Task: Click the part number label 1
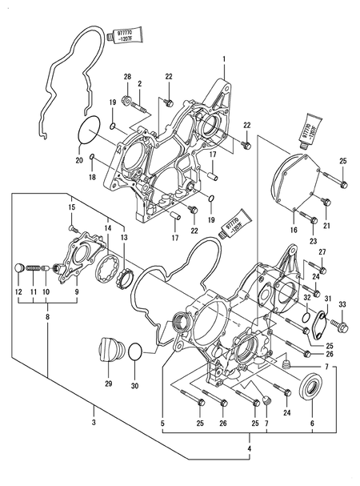[x=225, y=58]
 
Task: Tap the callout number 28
[x=127, y=76]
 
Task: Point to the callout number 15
[x=71, y=208]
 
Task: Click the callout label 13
[x=123, y=239]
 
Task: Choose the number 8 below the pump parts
[x=46, y=317]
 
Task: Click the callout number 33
[x=342, y=305]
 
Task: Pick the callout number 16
[x=293, y=229]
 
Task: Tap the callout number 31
[x=328, y=299]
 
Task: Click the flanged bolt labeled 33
[x=342, y=327]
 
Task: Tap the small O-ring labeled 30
[x=136, y=351]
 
